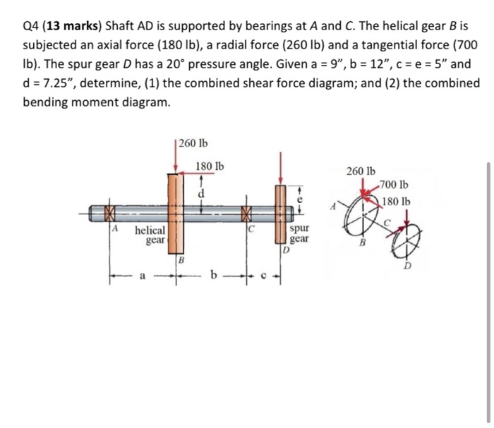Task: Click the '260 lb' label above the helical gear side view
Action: click(193, 144)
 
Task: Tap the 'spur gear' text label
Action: click(300, 235)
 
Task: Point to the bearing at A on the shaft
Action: click(109, 212)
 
